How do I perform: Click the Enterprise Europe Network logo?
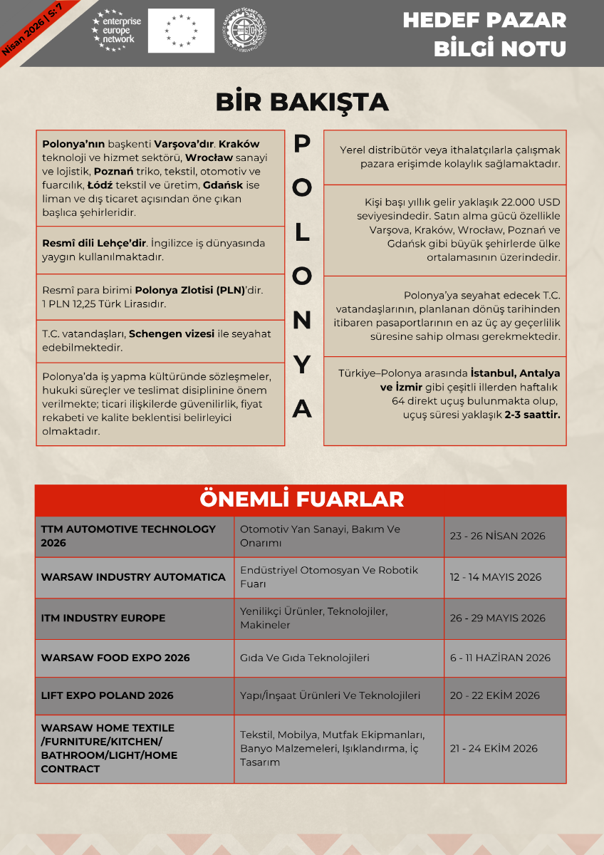[115, 31]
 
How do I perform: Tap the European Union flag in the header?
[181, 31]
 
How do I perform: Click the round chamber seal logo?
[244, 31]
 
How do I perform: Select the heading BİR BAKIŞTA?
[302, 102]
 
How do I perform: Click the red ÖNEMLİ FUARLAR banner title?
[301, 499]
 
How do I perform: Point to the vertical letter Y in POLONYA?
[303, 365]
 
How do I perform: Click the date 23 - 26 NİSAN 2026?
[497, 536]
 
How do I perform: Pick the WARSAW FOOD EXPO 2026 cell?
[115, 658]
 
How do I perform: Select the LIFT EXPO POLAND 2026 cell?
[107, 695]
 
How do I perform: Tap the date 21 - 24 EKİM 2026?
[493, 748]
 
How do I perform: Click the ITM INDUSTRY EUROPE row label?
[103, 618]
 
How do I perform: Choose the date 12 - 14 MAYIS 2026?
[495, 577]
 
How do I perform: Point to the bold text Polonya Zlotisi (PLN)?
[189, 290]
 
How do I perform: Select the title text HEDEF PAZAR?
[484, 20]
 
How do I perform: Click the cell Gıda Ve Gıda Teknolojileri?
[304, 658]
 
